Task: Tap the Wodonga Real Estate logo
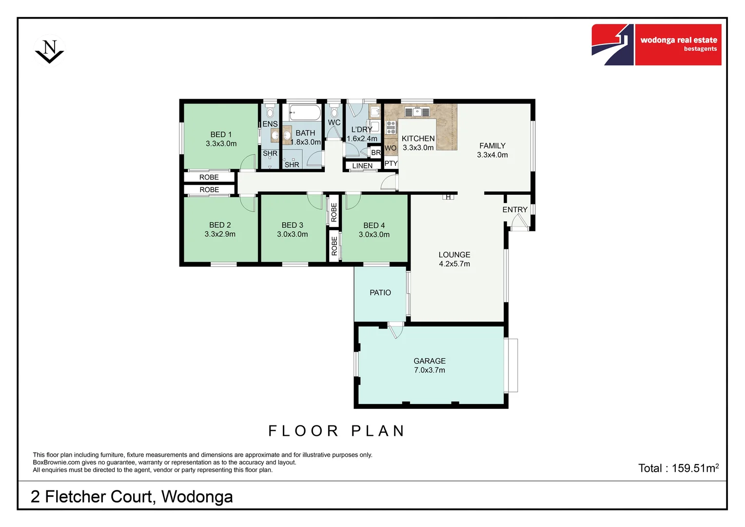pyautogui.click(x=656, y=44)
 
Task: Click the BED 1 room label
pyautogui.click(x=221, y=135)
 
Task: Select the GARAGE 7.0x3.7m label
pyautogui.click(x=430, y=365)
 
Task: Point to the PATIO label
pyautogui.click(x=380, y=293)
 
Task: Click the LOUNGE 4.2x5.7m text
pyautogui.click(x=454, y=259)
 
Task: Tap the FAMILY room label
pyautogui.click(x=492, y=146)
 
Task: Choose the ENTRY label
pyautogui.click(x=515, y=210)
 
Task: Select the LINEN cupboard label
pyautogui.click(x=362, y=166)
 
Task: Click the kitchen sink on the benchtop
pyautogui.click(x=417, y=112)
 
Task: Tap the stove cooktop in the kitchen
pyautogui.click(x=391, y=127)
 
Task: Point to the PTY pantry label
pyautogui.click(x=391, y=163)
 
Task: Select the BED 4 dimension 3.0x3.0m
pyautogui.click(x=374, y=235)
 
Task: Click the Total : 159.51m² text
pyautogui.click(x=678, y=468)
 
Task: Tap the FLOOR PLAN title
pyautogui.click(x=336, y=431)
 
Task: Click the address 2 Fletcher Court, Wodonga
pyautogui.click(x=132, y=497)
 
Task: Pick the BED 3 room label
pyautogui.click(x=293, y=225)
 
